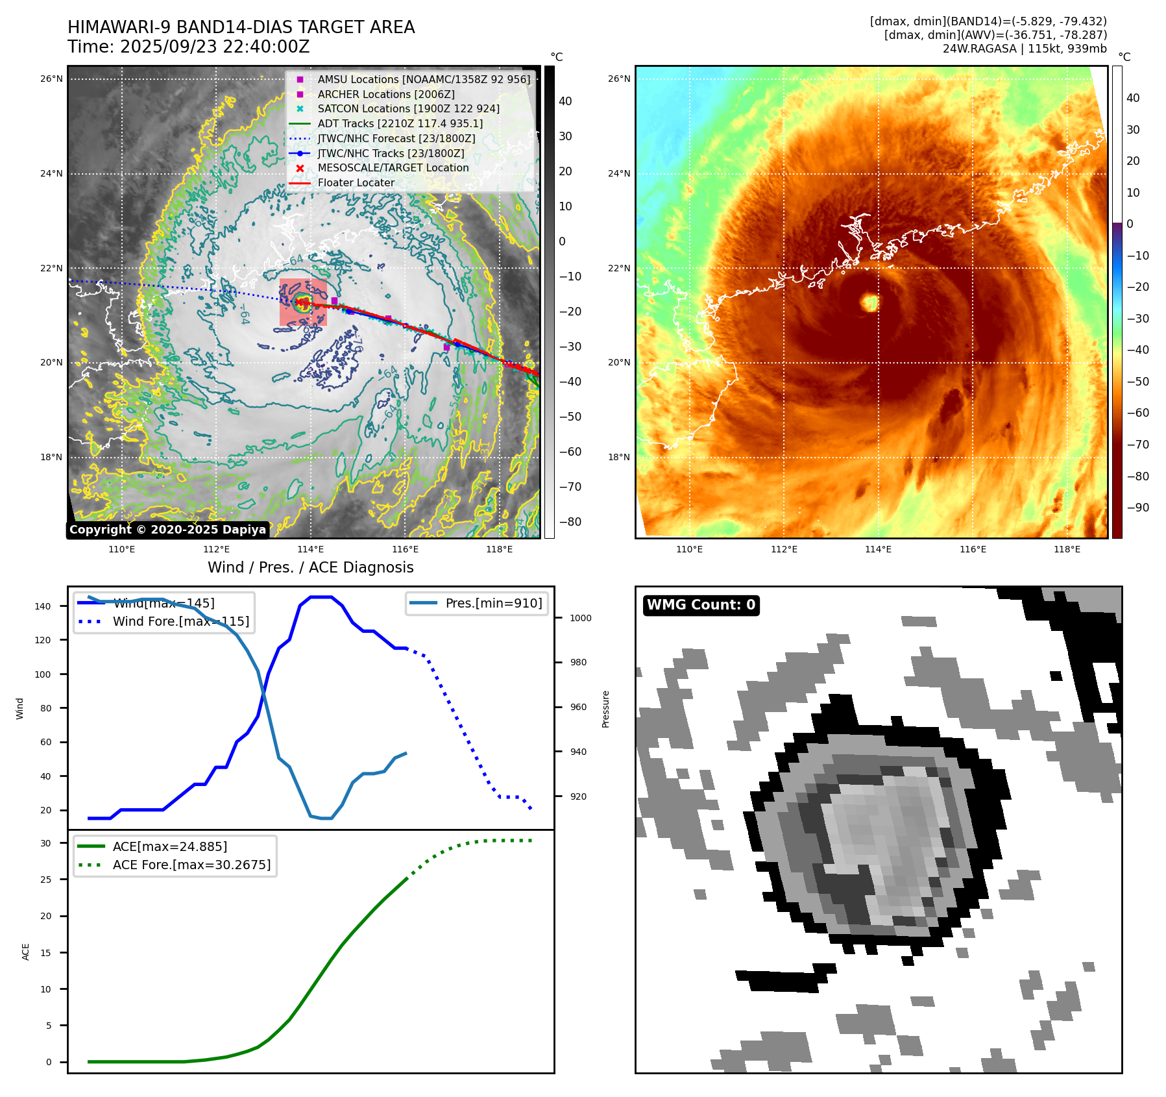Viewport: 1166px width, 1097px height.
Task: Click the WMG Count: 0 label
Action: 701,605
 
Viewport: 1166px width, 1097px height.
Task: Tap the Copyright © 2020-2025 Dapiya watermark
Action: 167,530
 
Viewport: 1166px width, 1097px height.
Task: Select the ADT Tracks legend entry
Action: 400,123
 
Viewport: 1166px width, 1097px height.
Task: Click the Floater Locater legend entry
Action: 356,182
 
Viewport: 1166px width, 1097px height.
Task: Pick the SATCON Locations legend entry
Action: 408,108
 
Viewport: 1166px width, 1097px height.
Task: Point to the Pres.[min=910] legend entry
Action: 493,603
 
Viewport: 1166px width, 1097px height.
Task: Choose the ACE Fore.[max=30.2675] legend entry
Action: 191,865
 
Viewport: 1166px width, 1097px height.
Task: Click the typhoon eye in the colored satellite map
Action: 869,302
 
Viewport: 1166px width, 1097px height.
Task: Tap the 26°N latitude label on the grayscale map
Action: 51,79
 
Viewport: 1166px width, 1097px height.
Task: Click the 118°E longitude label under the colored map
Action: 1067,549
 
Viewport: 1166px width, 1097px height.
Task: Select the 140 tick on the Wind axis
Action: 43,606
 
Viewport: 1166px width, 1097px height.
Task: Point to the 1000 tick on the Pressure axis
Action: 580,618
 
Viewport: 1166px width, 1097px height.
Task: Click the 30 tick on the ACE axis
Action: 46,843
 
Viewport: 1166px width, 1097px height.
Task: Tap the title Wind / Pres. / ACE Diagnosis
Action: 310,567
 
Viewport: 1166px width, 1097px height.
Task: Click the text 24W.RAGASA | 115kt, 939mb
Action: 1025,49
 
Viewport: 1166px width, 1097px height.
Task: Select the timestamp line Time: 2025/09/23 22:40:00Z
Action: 188,47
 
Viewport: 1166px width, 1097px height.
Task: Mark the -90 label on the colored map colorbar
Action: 1137,508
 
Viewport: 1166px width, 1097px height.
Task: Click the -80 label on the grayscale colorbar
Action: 570,522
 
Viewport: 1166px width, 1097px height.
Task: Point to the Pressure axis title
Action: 605,709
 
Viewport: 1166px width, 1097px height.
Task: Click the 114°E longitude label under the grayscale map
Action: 311,549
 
